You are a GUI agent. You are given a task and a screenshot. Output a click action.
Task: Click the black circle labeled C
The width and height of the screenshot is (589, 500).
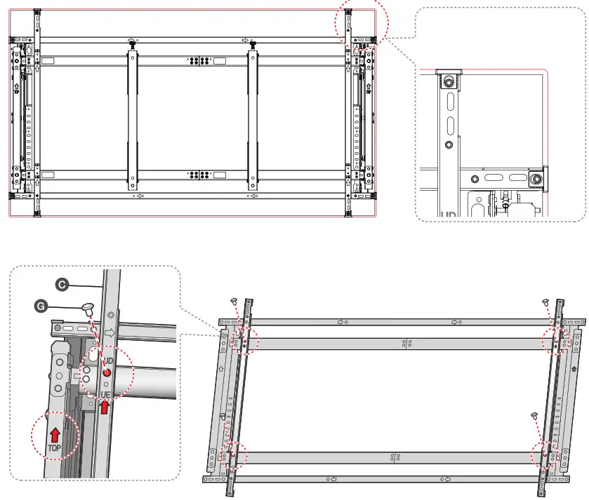(x=61, y=284)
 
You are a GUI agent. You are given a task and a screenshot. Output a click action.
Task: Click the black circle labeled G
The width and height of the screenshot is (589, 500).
(x=41, y=306)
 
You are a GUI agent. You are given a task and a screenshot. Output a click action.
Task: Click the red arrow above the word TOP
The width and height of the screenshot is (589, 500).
(x=55, y=435)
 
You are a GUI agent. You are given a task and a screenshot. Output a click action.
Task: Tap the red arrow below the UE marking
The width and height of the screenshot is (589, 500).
(x=105, y=407)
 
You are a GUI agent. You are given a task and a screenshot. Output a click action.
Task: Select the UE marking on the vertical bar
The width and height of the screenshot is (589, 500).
(x=105, y=395)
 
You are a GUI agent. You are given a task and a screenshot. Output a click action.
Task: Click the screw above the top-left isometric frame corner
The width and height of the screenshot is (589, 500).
(x=233, y=301)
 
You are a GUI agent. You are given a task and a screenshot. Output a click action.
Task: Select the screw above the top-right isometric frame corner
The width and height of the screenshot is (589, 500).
(x=545, y=301)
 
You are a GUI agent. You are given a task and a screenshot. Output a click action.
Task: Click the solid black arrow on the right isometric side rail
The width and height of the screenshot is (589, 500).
(x=574, y=367)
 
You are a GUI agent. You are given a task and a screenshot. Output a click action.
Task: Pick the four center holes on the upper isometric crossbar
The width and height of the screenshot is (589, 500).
(x=405, y=343)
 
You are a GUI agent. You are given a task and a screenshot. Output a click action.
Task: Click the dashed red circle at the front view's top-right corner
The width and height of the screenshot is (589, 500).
(x=360, y=20)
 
